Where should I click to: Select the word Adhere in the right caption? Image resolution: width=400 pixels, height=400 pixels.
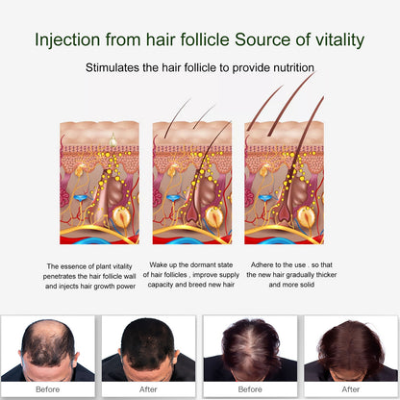264,264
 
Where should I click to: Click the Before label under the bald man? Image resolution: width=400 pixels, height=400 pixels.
49,390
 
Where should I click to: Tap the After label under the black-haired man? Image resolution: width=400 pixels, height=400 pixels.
150,390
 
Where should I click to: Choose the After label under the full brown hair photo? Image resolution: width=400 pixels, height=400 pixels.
350,390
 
